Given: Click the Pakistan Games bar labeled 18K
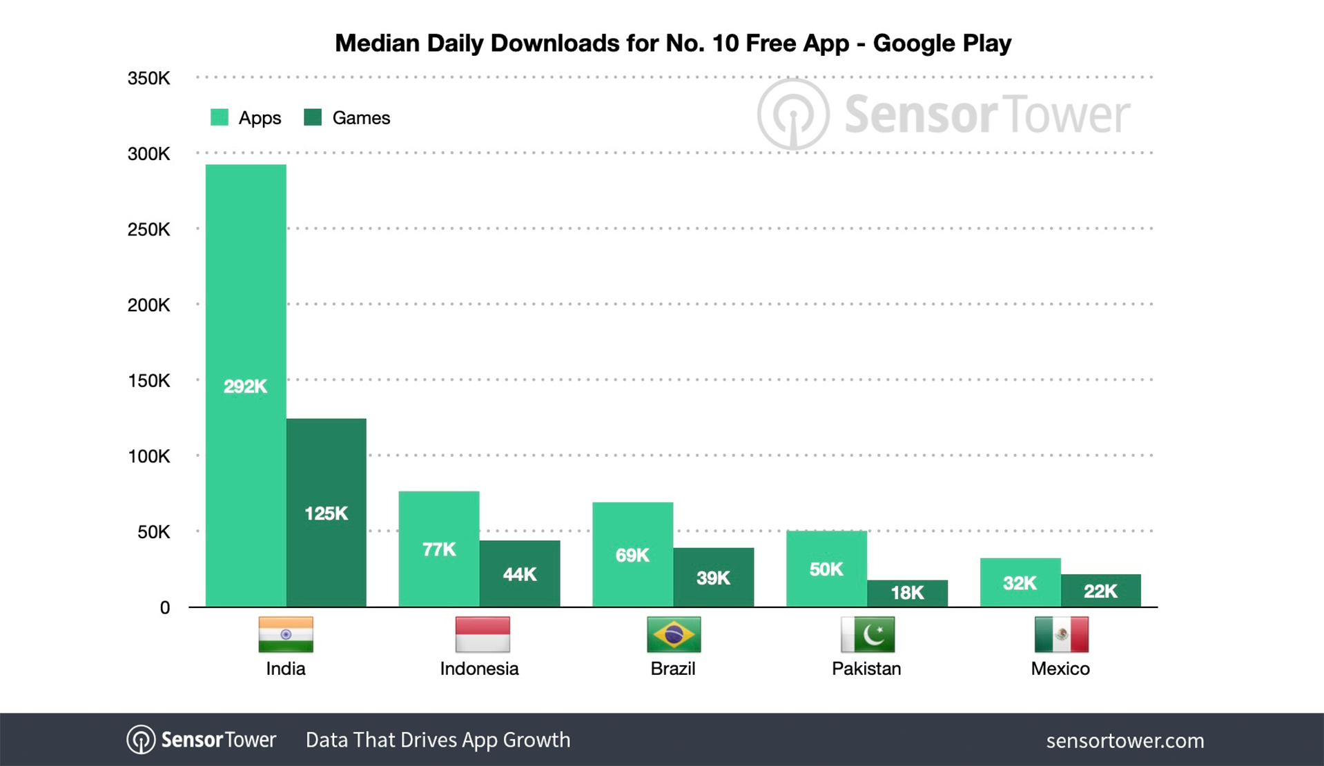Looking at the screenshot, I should coord(907,593).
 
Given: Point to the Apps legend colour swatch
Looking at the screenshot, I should coord(220,117).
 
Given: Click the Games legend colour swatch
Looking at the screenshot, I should coord(313,117).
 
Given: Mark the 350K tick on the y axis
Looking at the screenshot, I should coord(148,78).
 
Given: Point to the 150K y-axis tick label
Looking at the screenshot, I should coord(148,380).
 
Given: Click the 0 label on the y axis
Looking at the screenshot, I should coord(164,607).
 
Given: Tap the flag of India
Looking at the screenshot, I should coord(286,634).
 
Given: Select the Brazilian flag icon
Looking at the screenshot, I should coord(674,634).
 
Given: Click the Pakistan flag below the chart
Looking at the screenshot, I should coord(868,634).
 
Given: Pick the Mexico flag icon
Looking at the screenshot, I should coord(1061,634).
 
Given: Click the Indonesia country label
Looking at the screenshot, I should coord(479,668).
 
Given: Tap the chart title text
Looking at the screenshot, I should coord(673,43).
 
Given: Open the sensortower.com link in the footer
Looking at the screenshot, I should coord(1125,740).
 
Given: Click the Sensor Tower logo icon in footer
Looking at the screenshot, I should coord(141,740).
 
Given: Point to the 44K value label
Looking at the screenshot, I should coord(520,574).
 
